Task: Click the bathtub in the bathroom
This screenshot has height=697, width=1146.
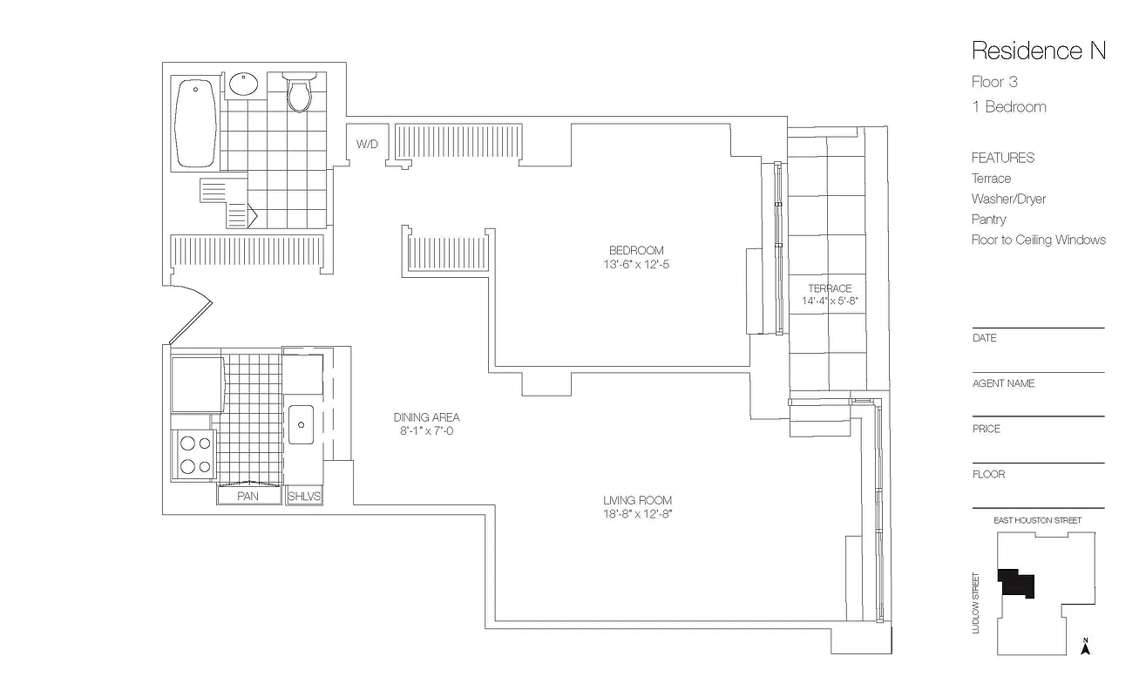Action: click(196, 123)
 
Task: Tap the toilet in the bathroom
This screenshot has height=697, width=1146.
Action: click(299, 95)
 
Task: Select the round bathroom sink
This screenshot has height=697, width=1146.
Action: click(244, 85)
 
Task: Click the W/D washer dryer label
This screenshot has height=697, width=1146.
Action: click(366, 143)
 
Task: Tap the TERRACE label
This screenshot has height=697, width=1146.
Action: click(829, 288)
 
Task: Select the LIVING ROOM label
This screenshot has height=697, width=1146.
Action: click(637, 501)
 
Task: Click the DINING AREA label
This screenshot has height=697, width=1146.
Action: click(426, 417)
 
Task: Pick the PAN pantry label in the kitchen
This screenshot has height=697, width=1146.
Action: click(248, 497)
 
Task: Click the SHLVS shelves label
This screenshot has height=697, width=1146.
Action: click(304, 497)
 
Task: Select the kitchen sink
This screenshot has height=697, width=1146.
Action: click(302, 425)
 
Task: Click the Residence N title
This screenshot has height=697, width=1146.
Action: click(1038, 51)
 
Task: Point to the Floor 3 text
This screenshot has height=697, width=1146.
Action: click(994, 83)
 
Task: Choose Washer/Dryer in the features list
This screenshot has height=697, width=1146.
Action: click(1008, 199)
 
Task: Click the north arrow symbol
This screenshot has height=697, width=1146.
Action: click(1085, 646)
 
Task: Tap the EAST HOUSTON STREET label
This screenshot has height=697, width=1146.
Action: click(1037, 520)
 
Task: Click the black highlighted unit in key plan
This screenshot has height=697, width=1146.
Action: click(1016, 583)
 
